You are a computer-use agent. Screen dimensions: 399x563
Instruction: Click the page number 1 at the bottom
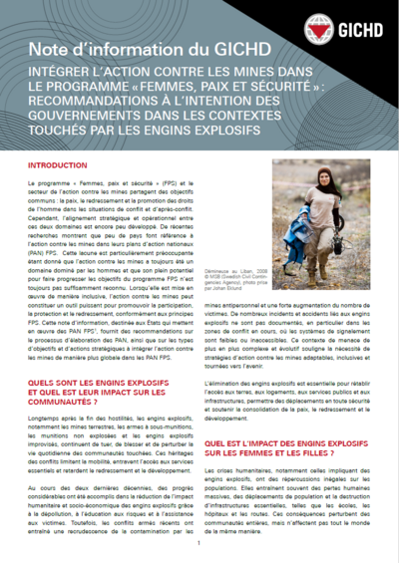(x=199, y=543)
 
